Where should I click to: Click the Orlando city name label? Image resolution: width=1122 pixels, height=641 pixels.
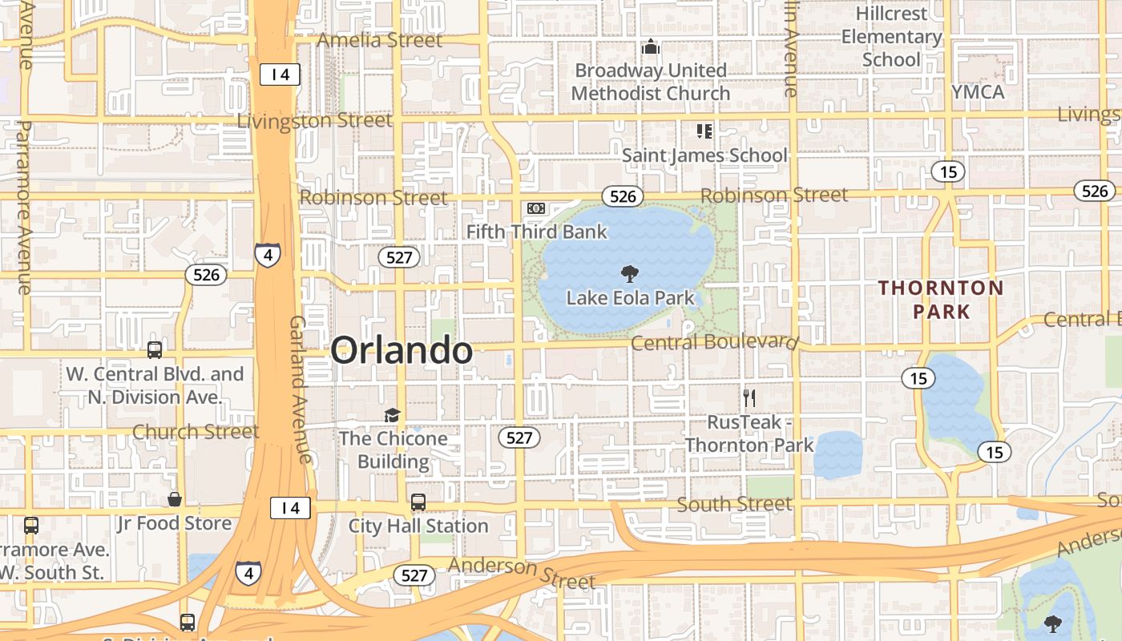(402, 351)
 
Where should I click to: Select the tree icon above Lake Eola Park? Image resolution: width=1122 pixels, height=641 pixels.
(630, 274)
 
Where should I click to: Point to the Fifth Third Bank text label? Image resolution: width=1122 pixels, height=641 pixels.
(537, 232)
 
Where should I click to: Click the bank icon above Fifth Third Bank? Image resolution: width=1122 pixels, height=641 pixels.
(536, 209)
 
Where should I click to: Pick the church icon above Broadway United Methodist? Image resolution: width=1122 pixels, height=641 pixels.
(651, 47)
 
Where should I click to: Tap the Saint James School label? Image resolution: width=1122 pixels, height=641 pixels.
(705, 155)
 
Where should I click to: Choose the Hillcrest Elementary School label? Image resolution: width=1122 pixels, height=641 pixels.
(891, 37)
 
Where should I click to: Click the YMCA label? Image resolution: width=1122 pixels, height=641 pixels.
(978, 92)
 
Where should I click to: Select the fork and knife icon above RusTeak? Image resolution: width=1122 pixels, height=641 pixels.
(749, 397)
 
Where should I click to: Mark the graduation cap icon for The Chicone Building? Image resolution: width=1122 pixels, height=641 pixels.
(392, 415)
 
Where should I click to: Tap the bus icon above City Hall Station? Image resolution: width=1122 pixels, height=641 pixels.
(418, 502)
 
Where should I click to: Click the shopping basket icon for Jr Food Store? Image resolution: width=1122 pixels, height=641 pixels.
(174, 500)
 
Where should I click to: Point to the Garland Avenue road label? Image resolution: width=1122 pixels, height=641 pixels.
(299, 389)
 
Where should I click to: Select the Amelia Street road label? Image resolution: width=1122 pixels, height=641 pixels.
(380, 40)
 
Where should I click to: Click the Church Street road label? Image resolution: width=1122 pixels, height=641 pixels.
(196, 432)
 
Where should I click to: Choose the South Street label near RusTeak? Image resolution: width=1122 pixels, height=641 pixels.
(734, 504)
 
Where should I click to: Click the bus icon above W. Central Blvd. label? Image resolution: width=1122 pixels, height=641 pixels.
(155, 350)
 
